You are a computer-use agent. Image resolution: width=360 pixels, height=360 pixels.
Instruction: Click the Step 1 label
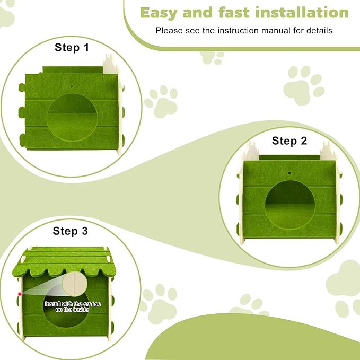pyautogui.click(x=72, y=48)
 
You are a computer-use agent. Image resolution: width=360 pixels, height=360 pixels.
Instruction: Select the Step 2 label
pyautogui.click(x=289, y=141)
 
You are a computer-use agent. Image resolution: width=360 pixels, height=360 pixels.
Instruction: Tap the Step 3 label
pyautogui.click(x=70, y=231)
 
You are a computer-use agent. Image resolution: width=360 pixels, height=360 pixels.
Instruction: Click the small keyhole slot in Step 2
pyautogui.click(x=290, y=174)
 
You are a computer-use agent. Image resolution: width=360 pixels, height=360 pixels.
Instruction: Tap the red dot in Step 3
pyautogui.click(x=20, y=293)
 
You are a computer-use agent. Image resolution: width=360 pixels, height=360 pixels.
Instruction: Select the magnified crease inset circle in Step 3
pyautogui.click(x=75, y=284)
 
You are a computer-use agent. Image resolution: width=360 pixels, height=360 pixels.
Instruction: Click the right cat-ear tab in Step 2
pyautogui.click(x=329, y=152)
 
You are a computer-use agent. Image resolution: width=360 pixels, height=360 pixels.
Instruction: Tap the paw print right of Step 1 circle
pyautogui.click(x=161, y=101)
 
